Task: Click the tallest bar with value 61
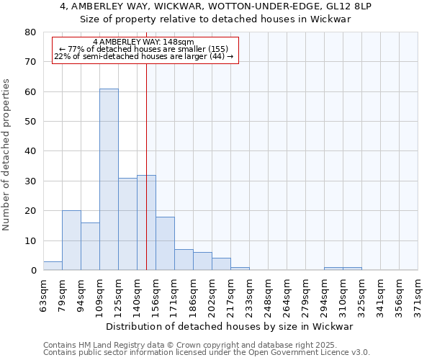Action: coord(109,179)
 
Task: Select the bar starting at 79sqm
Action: coord(71,240)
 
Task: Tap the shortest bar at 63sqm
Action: coord(53,266)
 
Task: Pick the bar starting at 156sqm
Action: coord(165,243)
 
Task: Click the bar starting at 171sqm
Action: coord(184,260)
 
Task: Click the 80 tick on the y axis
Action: coord(30,32)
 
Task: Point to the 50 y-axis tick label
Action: coord(30,122)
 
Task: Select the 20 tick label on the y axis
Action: coord(30,211)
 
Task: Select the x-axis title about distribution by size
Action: coord(234,327)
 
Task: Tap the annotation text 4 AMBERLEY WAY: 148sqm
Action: coord(144,42)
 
